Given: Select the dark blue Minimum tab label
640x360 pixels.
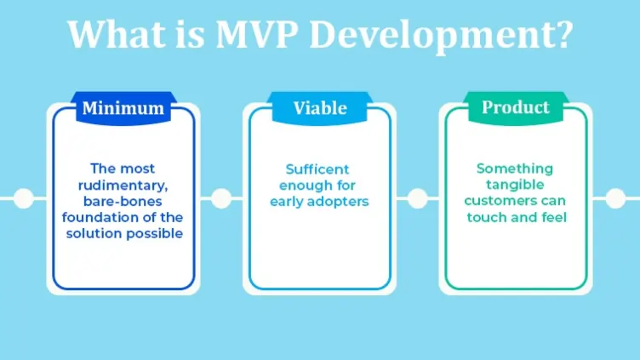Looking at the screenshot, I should click(x=123, y=108).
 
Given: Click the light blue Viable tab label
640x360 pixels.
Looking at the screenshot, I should click(x=320, y=108).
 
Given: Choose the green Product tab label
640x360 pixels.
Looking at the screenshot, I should click(x=515, y=108).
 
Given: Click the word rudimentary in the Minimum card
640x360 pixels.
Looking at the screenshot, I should click(x=124, y=185).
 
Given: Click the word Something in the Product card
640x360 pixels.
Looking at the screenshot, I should click(x=515, y=169).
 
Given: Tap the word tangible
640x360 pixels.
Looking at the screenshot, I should click(x=515, y=185).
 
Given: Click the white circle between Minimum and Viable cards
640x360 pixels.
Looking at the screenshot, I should click(x=220, y=198).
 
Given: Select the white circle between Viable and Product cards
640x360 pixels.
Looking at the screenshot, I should click(x=417, y=198).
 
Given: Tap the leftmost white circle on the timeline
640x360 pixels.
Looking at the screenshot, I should click(x=24, y=198).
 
